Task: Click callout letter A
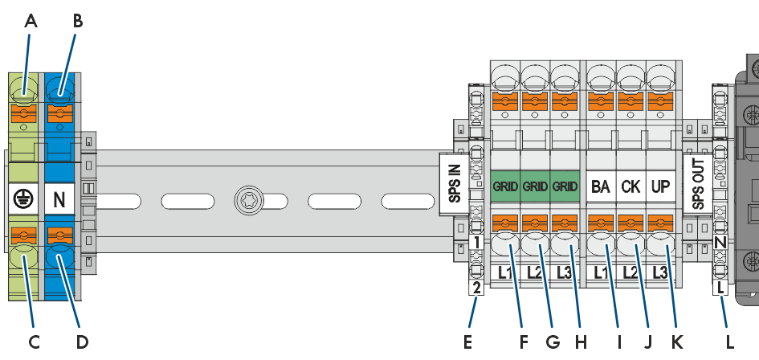click(x=30, y=22)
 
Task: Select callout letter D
click(x=82, y=342)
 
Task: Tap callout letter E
click(x=467, y=342)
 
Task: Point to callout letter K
click(x=676, y=342)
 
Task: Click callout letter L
click(x=730, y=342)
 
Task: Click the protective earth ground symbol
click(x=23, y=199)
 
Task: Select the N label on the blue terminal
click(x=59, y=199)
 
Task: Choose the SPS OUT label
click(x=697, y=185)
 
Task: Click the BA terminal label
click(x=601, y=186)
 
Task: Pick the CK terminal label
click(x=630, y=186)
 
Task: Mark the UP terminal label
click(x=661, y=186)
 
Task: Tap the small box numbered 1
click(x=477, y=243)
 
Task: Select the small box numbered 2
click(x=477, y=288)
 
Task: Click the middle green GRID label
click(x=535, y=186)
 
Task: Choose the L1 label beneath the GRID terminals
click(x=505, y=273)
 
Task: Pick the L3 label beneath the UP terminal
click(x=661, y=273)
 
